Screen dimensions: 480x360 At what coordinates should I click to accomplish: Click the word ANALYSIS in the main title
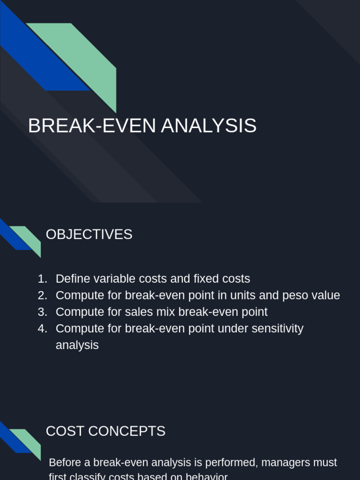(x=209, y=126)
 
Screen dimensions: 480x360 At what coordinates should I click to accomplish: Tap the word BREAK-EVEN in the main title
(x=92, y=126)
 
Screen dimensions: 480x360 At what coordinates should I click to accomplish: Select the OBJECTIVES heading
(x=89, y=234)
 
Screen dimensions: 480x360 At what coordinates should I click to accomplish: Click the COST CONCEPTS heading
(x=105, y=431)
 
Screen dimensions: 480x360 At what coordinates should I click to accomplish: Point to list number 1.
(x=43, y=279)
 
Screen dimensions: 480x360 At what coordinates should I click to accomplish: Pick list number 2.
(x=43, y=296)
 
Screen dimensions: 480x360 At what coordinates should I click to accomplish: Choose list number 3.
(x=43, y=312)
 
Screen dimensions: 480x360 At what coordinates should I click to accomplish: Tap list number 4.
(x=43, y=329)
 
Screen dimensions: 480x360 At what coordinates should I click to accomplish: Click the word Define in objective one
(x=72, y=279)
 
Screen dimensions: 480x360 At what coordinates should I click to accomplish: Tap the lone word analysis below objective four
(x=77, y=345)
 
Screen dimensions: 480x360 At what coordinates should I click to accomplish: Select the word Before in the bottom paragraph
(x=65, y=463)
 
